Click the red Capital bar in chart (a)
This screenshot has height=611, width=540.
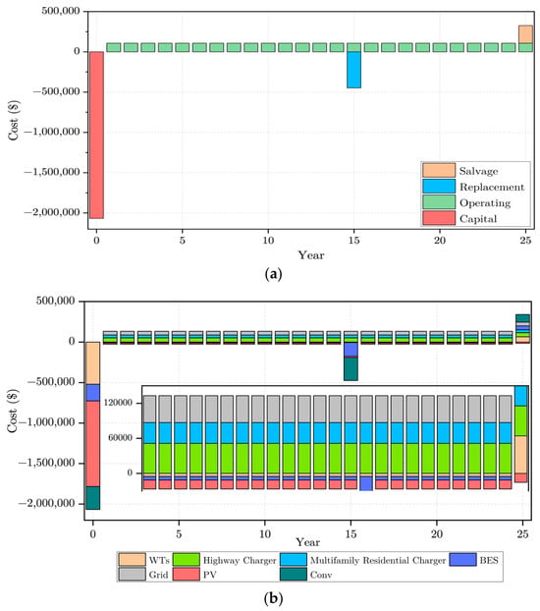tap(96, 135)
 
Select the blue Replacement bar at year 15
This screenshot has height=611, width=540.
tap(353, 70)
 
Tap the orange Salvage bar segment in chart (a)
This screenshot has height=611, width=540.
tap(525, 34)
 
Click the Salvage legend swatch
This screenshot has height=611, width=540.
tap(439, 170)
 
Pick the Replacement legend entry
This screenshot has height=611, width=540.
tap(473, 187)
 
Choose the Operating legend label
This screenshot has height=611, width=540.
tap(485, 202)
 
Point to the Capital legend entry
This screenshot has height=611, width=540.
tap(460, 219)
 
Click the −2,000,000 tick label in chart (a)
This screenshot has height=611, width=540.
tap(52, 212)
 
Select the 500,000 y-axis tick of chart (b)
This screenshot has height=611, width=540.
tap(56, 301)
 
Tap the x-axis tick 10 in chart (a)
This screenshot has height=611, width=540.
tap(268, 240)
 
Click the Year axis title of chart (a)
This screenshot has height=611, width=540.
tap(311, 255)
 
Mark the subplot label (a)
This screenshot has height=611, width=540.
tap(273, 274)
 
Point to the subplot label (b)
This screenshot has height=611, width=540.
tap(273, 598)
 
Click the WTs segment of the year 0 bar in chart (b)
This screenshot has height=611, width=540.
tap(92, 363)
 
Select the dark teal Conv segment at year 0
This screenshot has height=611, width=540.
tap(92, 498)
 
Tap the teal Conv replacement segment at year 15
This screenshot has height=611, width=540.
tap(351, 369)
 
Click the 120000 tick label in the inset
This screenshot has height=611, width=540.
tap(118, 403)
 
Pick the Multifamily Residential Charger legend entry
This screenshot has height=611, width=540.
tap(363, 560)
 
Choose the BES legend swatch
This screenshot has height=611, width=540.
tap(462, 560)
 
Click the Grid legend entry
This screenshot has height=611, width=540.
tap(143, 575)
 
